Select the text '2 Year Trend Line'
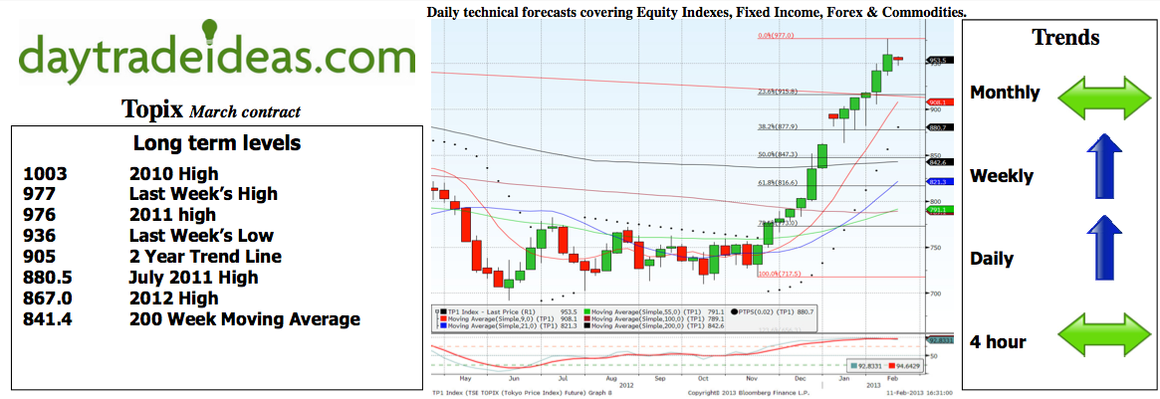(x=205, y=257)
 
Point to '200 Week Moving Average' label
(x=244, y=320)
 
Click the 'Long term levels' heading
(x=216, y=143)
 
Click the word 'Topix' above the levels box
(x=152, y=108)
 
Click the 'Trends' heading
(x=1065, y=38)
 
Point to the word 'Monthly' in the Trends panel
(x=1005, y=94)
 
